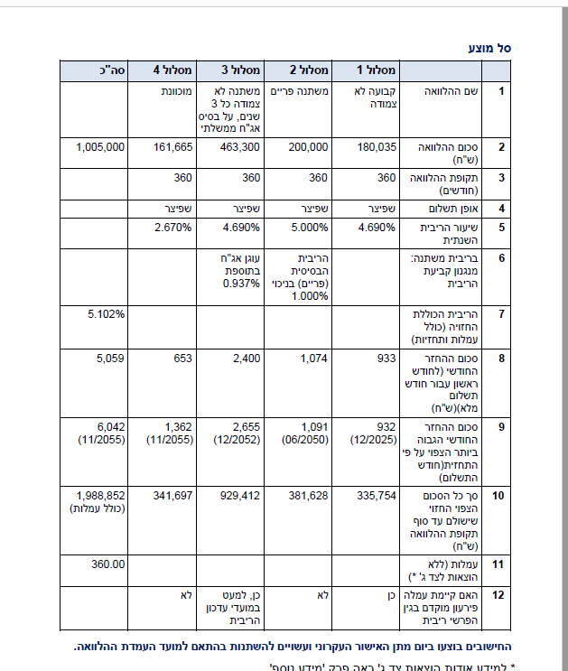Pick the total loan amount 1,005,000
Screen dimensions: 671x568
(x=100, y=146)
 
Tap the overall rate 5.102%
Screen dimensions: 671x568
(x=107, y=313)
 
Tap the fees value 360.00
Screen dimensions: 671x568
(x=107, y=564)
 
